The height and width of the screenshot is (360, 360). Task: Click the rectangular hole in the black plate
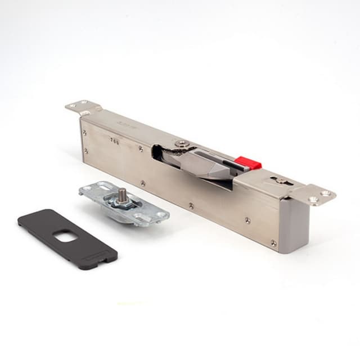click(66, 238)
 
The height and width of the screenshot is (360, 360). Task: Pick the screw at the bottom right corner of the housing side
click(273, 243)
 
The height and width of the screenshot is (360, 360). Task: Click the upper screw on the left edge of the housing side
click(85, 133)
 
